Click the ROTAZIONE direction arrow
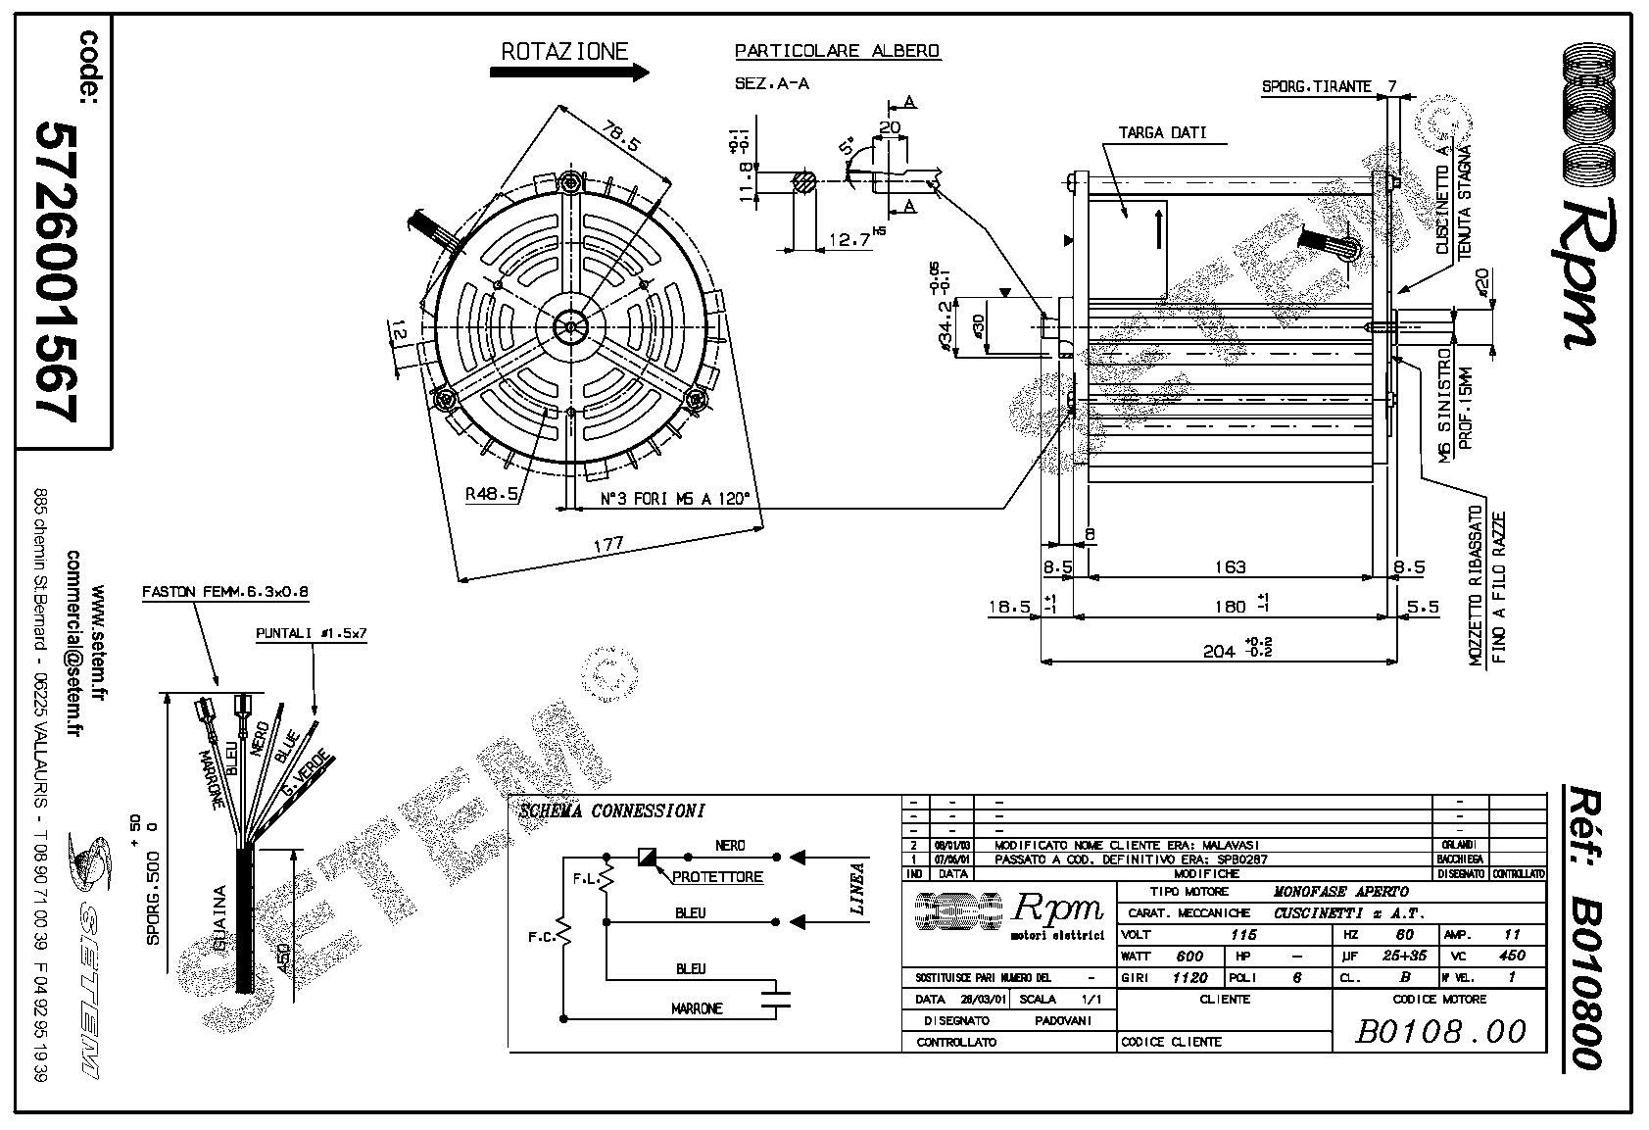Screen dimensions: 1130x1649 pos(569,73)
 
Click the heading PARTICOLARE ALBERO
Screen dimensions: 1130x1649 pos(837,51)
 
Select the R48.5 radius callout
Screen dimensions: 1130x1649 pos(492,494)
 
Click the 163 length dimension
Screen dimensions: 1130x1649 pos(1229,566)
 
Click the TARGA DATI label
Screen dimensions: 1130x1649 pos(1163,132)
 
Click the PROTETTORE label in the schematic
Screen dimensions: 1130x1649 pos(717,877)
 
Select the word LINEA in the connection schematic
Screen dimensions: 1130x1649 pos(858,888)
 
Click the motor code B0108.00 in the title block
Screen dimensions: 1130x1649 pos(1441,1031)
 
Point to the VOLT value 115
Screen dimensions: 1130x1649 pos(1243,935)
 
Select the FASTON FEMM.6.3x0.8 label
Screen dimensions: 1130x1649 pos(225,592)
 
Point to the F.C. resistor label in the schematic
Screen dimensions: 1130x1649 pos(541,935)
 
